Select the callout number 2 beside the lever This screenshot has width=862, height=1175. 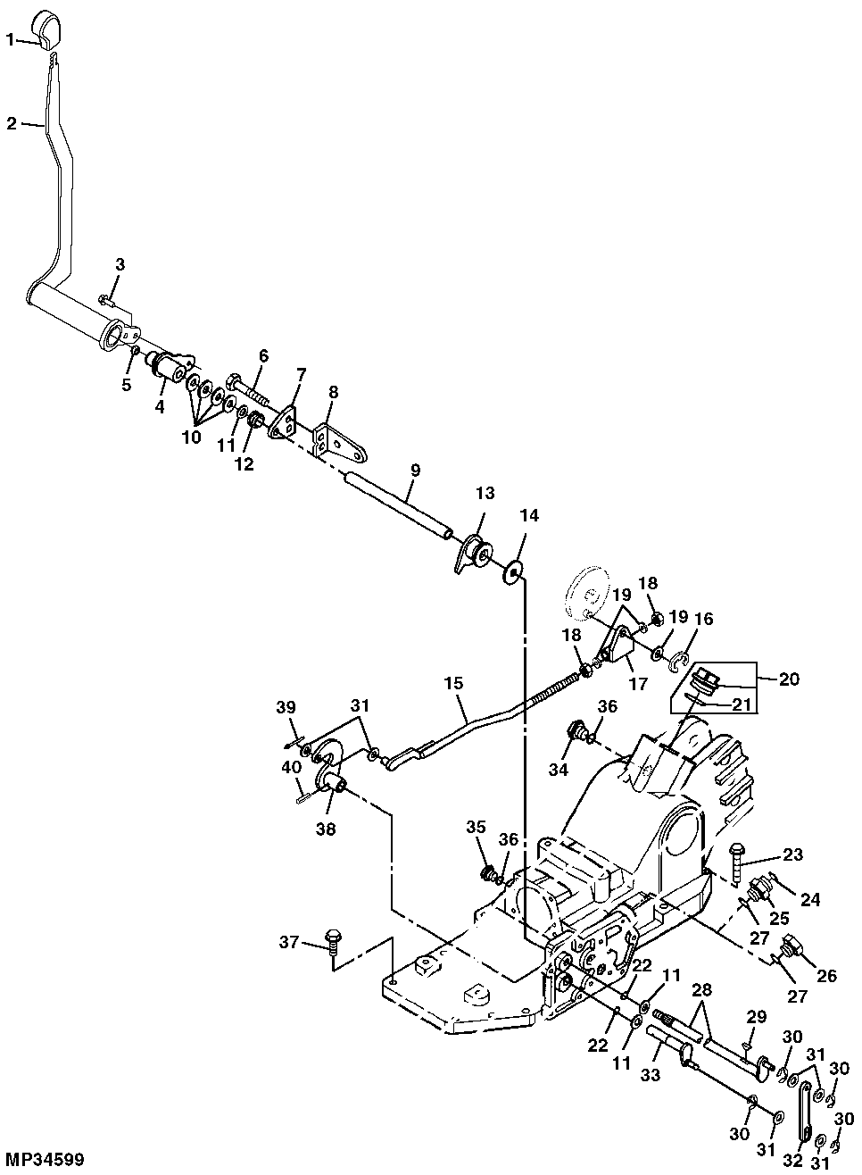11,123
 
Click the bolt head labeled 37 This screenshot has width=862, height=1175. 332,937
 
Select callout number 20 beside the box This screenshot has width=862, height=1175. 789,679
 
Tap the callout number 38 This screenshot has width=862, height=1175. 325,829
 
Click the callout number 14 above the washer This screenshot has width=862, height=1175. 529,515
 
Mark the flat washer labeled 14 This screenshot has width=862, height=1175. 514,571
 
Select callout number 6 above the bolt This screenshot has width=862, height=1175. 263,354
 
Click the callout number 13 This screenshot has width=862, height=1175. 484,493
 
